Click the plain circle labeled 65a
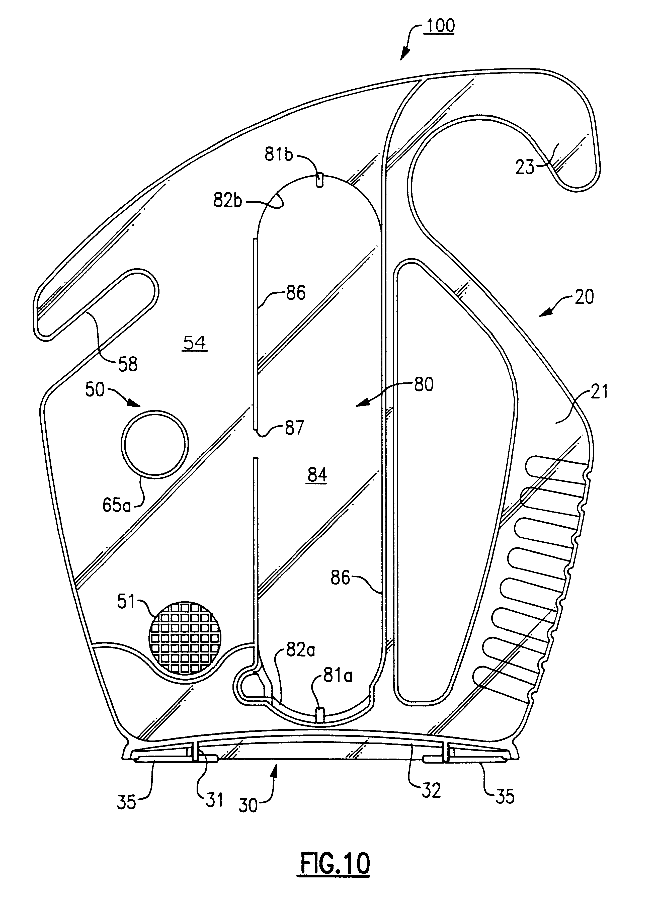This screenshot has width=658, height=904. click(155, 444)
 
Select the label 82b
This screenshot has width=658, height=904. click(228, 201)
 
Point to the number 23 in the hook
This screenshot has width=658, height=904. click(525, 168)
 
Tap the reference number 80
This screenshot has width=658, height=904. click(423, 385)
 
